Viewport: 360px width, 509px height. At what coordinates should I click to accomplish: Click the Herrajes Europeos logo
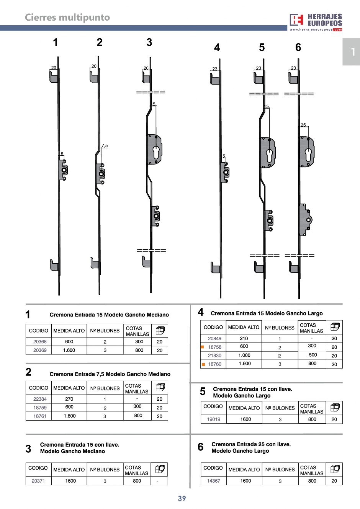(316, 21)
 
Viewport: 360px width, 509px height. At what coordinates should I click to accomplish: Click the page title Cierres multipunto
(67, 17)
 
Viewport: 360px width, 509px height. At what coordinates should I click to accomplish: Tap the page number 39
(182, 498)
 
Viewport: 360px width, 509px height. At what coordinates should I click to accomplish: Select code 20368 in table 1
(40, 342)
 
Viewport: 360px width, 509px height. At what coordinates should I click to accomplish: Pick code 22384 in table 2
(40, 399)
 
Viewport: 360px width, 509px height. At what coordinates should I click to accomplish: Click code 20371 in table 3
(38, 481)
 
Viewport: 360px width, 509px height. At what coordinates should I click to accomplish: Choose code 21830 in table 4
(214, 356)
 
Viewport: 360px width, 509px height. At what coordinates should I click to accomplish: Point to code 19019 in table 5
(214, 419)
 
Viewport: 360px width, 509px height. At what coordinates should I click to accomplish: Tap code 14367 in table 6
(213, 481)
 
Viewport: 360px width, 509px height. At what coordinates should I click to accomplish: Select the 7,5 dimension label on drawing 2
(105, 146)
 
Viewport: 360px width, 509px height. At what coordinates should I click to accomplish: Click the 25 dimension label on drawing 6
(303, 125)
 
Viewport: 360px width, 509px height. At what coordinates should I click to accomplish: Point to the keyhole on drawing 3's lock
(156, 152)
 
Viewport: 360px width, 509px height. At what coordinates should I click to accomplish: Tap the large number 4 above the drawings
(217, 48)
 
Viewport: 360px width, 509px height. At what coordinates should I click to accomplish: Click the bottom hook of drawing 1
(54, 265)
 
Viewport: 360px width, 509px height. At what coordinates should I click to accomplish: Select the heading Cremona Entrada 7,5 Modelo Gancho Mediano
(110, 374)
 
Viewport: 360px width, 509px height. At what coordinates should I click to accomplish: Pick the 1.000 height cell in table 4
(244, 356)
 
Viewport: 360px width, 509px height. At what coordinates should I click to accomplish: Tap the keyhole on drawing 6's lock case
(308, 155)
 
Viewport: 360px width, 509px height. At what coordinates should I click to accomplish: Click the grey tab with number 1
(351, 52)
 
